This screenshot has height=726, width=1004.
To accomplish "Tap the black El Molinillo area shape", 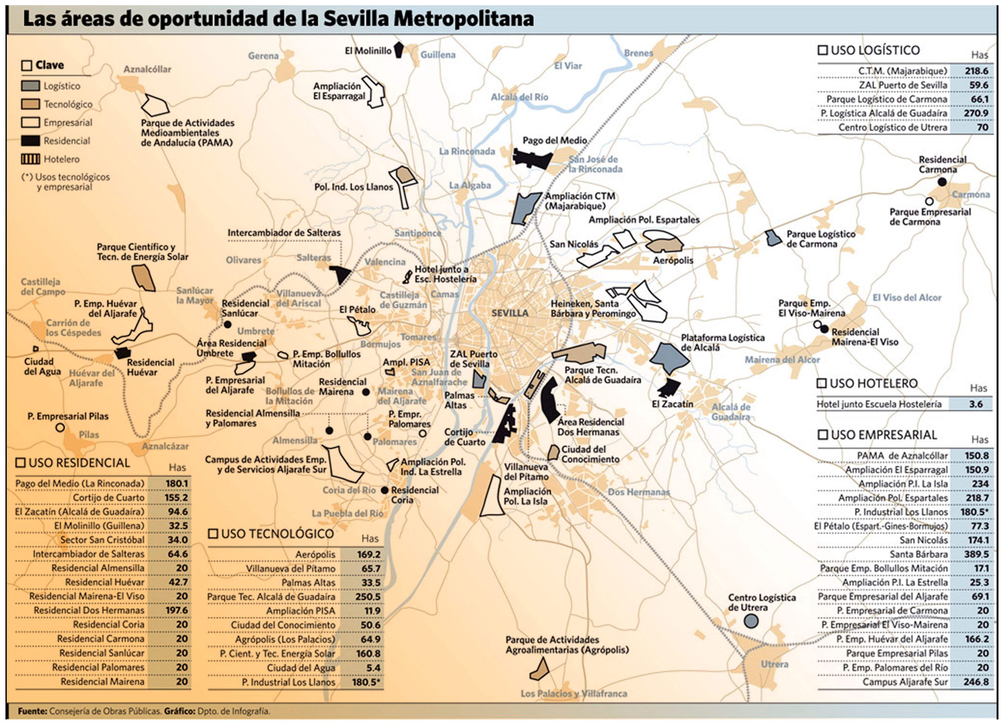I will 399,49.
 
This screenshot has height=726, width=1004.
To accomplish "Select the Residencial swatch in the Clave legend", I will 30,141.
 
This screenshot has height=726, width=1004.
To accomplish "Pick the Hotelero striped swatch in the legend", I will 30,159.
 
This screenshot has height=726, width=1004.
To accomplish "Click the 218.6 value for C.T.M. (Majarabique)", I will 976,71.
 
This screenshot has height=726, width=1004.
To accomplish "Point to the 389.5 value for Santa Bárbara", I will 976,554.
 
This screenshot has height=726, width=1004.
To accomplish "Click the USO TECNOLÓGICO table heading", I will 277,534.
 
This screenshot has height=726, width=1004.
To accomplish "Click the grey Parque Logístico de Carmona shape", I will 773,238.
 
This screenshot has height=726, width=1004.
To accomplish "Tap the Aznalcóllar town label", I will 147,69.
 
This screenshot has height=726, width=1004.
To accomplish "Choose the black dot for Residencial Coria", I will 384,490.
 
